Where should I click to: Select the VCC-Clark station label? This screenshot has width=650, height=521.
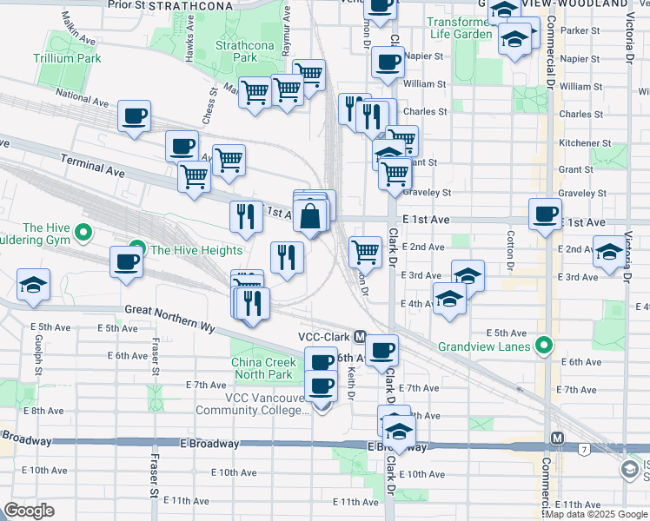click(323, 336)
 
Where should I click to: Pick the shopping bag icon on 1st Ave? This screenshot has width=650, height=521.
click(310, 215)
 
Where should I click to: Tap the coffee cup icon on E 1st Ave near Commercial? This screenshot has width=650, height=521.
click(546, 214)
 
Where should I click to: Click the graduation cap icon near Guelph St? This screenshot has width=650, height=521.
click(33, 284)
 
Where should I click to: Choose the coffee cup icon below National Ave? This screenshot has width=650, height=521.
click(134, 115)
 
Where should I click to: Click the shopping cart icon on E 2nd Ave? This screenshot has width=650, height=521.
click(366, 252)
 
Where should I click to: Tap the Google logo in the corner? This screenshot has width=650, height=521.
click(29, 511)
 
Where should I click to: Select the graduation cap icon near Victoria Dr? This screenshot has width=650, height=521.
click(609, 252)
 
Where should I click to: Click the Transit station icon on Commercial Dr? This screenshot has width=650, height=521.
click(557, 439)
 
